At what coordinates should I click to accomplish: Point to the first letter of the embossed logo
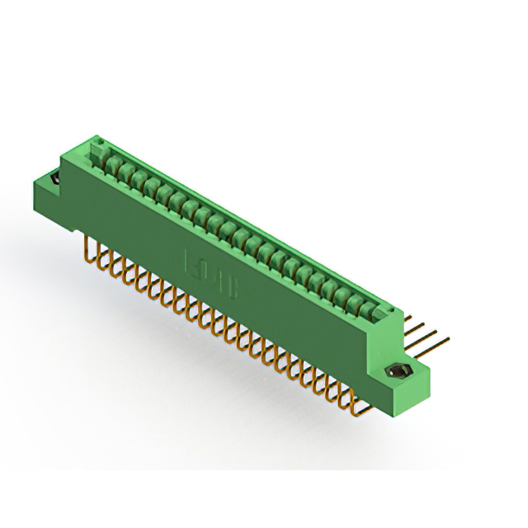[x=189, y=264]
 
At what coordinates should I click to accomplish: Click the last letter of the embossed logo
[x=234, y=290]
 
